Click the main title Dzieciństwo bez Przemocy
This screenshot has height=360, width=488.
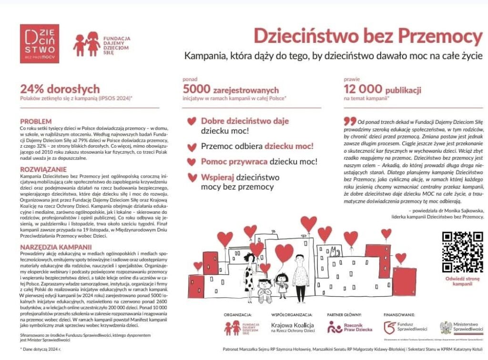pos(368,36)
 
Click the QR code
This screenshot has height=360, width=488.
pos(462,252)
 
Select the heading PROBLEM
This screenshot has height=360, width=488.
pos(36,121)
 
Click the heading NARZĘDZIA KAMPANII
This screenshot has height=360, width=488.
pos(56,247)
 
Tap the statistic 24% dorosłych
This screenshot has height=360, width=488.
pos(60,89)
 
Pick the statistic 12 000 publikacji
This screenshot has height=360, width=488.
pos(382,89)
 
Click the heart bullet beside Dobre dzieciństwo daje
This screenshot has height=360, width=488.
pos(192,121)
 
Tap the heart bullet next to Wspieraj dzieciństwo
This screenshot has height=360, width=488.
pos(192,178)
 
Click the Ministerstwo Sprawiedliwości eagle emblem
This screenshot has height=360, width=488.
pos(446,327)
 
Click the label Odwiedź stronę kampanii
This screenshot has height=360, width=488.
pos(462,280)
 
